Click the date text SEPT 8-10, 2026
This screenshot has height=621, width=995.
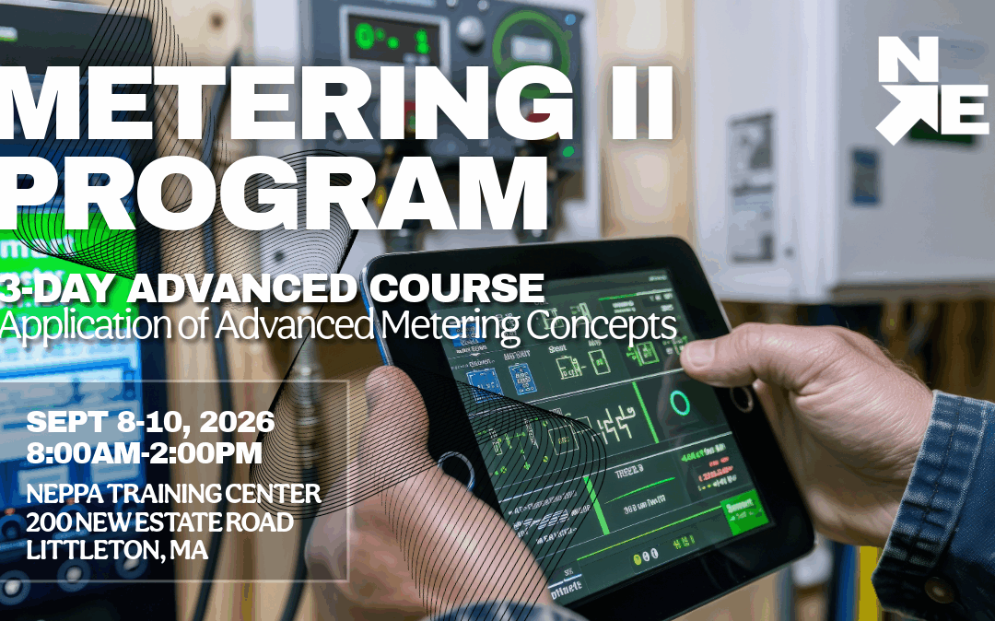(150, 423)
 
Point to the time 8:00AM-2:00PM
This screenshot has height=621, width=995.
(145, 453)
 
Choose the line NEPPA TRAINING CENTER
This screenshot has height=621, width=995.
(173, 493)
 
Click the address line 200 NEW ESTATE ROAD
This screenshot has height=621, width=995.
(160, 522)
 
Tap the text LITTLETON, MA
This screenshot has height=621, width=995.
(118, 551)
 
